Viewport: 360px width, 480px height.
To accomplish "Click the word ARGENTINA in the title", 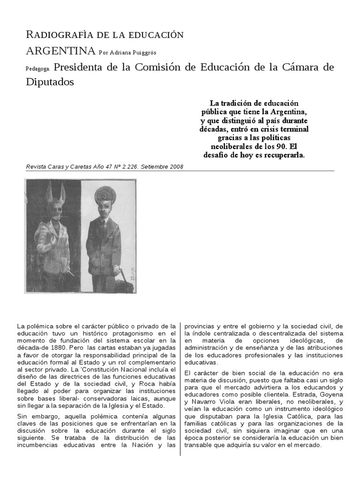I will pos(60,51).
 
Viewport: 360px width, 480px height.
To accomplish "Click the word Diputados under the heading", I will pos(50,82).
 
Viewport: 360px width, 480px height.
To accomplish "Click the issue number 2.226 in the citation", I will pos(123,167).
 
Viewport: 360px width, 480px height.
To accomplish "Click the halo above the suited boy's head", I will pos(101,194).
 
